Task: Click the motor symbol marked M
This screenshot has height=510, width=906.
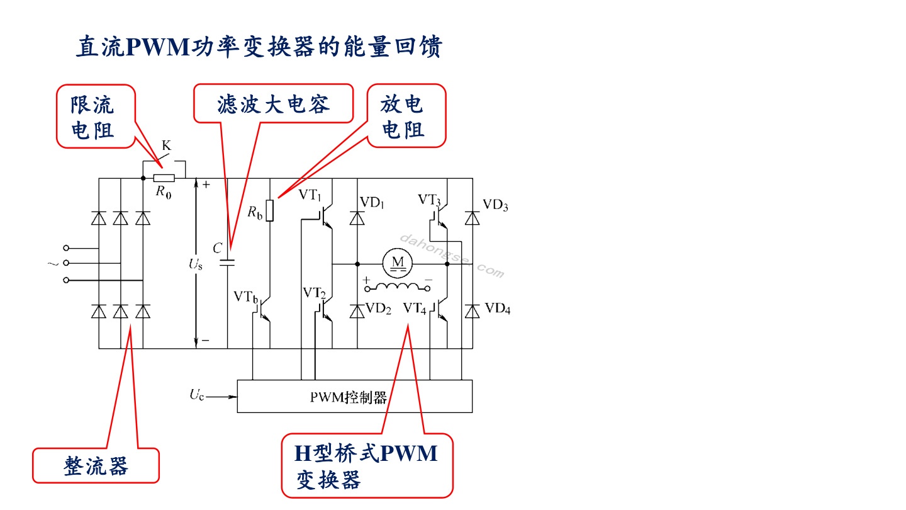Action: [x=398, y=263]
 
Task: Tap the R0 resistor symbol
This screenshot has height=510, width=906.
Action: [x=164, y=178]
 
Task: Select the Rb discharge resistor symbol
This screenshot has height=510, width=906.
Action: [x=270, y=210]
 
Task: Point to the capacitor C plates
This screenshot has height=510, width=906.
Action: [x=227, y=263]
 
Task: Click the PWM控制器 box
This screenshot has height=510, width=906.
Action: [x=355, y=396]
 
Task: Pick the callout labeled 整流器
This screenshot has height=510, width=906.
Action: [x=96, y=465]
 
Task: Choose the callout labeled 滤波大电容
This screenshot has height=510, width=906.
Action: [x=274, y=104]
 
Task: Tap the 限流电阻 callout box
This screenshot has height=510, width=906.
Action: [x=96, y=116]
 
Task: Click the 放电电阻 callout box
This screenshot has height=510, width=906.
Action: [x=406, y=116]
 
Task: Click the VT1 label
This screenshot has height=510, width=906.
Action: [x=310, y=195]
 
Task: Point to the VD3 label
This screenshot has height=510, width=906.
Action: [x=495, y=205]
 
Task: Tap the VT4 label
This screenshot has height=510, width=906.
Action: [x=415, y=309]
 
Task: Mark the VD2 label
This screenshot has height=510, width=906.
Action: [x=378, y=309]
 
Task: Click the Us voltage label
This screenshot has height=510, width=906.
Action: [x=195, y=264]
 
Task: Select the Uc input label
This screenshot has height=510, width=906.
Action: [x=196, y=395]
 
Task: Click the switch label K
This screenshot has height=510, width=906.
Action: [x=166, y=145]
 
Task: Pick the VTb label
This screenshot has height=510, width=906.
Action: [x=245, y=297]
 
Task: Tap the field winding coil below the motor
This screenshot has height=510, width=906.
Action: [x=398, y=287]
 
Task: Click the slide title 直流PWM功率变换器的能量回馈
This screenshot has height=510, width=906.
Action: [x=259, y=46]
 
